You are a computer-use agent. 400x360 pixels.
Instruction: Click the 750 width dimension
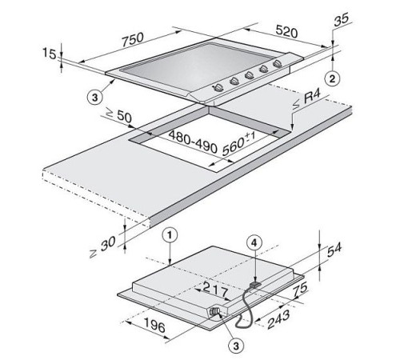133,39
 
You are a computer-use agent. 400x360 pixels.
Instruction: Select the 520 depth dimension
286,31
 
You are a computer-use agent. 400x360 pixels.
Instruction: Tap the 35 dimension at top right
341,19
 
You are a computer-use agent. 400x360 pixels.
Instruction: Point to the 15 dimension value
50,54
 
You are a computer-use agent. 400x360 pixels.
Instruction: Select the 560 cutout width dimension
238,144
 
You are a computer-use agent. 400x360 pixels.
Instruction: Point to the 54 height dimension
334,250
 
